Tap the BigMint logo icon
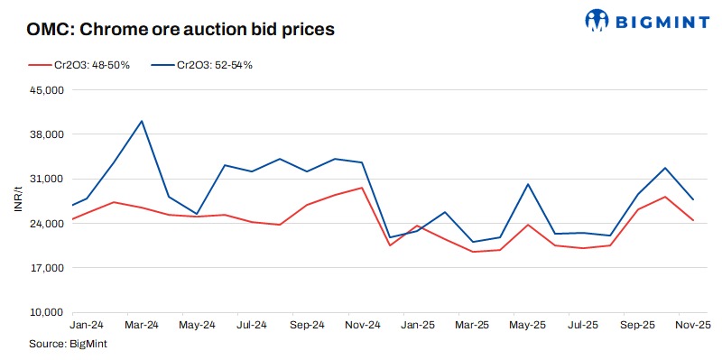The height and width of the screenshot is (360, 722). (597, 19)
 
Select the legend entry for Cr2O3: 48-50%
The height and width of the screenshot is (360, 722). (80, 66)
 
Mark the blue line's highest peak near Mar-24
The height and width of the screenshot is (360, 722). (142, 121)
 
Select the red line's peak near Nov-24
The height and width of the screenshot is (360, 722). (362, 188)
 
